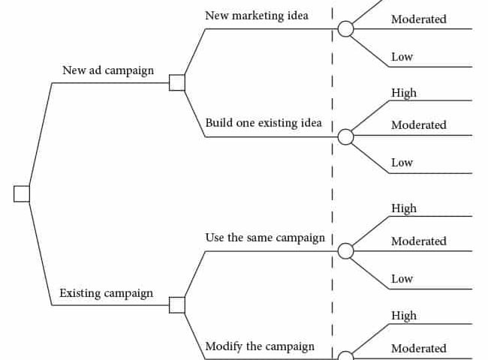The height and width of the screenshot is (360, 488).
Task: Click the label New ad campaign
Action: pyautogui.click(x=108, y=70)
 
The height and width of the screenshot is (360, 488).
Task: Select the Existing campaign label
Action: pyautogui.click(x=106, y=293)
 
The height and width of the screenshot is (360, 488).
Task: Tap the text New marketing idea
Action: pyautogui.click(x=257, y=16)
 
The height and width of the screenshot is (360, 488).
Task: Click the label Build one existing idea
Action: pyautogui.click(x=264, y=123)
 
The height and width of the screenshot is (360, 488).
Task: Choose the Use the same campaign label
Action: pyautogui.click(x=265, y=238)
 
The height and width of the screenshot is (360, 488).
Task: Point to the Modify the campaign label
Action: pyautogui.click(x=260, y=346)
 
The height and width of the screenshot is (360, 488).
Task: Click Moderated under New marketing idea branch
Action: pyautogui.click(x=419, y=19)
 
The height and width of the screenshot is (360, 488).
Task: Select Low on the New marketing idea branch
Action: pyautogui.click(x=402, y=57)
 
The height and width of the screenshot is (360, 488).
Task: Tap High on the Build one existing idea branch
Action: pyautogui.click(x=404, y=93)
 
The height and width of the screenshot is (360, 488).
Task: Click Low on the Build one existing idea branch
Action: pyautogui.click(x=402, y=163)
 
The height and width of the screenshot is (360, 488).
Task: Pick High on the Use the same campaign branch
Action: pyautogui.click(x=404, y=208)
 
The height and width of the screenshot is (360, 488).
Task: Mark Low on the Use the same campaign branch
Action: pyautogui.click(x=402, y=279)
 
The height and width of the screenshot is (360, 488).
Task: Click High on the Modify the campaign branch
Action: pyautogui.click(x=404, y=316)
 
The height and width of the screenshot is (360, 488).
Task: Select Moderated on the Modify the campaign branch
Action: pyautogui.click(x=419, y=349)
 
